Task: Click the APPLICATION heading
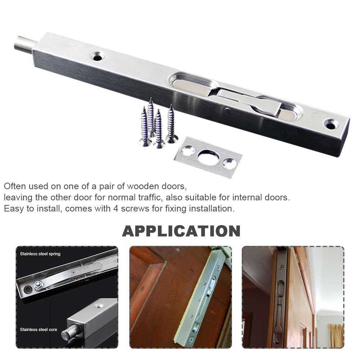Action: (x=181, y=231)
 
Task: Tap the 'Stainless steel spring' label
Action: (x=40, y=254)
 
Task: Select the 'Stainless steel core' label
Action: (x=38, y=329)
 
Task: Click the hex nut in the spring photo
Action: (x=38, y=285)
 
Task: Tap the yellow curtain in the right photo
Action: (x=336, y=335)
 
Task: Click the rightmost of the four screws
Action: (x=170, y=124)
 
